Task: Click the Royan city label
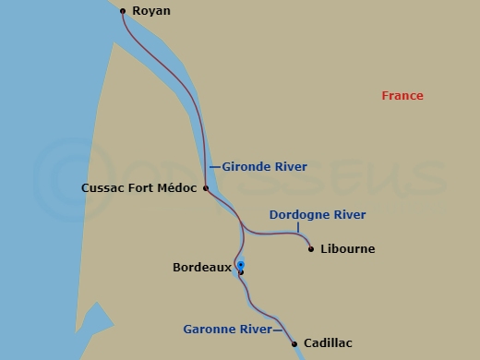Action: click(150, 11)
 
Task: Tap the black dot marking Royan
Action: click(123, 11)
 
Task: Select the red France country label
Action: click(402, 96)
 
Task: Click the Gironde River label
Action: click(265, 167)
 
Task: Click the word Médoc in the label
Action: click(179, 188)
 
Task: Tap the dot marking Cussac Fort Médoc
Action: click(206, 188)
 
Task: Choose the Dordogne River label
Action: click(318, 215)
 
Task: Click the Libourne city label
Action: click(347, 249)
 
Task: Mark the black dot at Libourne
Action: click(311, 248)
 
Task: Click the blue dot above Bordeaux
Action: click(240, 264)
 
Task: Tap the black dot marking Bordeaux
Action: click(241, 272)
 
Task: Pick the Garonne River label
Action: click(226, 329)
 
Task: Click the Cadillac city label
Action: click(328, 343)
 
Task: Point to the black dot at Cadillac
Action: click(294, 344)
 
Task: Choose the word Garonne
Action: click(209, 329)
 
